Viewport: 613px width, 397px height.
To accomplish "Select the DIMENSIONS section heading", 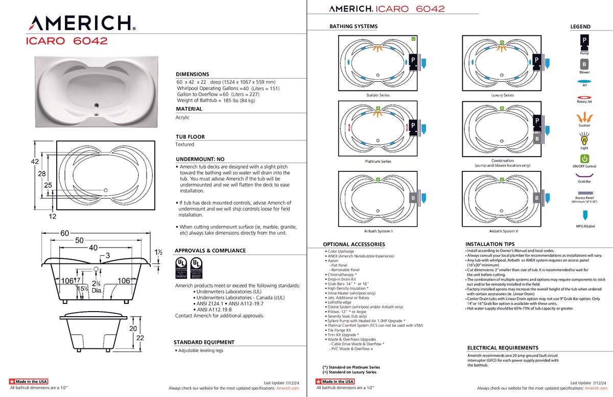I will [192, 74].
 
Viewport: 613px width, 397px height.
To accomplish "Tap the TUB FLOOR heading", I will [190, 137].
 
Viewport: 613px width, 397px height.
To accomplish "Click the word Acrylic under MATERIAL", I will [182, 117].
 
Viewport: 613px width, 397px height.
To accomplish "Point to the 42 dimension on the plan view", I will [35, 162].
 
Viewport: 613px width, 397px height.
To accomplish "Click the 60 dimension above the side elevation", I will [65, 233].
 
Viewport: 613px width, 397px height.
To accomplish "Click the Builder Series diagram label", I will [378, 95].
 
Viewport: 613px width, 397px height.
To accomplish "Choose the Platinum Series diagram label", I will [378, 161].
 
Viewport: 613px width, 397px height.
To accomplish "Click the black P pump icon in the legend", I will [584, 40].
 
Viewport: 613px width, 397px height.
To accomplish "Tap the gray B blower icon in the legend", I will [584, 64].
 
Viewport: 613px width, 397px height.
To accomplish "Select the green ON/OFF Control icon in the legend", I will [584, 159].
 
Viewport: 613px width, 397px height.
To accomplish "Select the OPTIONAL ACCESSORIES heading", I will [353, 245].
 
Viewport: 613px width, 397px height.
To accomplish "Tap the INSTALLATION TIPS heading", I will [490, 245].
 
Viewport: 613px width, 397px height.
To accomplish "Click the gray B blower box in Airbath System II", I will [413, 197].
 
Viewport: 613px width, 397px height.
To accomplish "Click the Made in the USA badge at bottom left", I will [29, 382].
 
